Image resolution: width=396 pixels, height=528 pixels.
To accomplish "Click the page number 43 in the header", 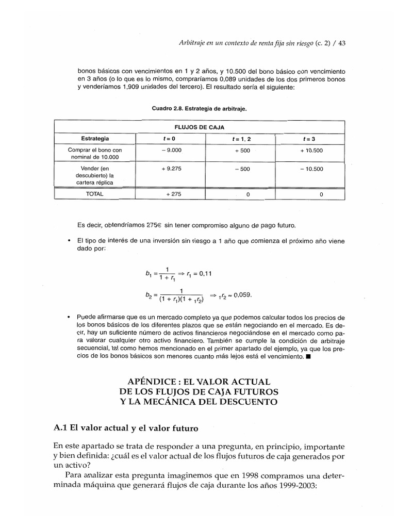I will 340,43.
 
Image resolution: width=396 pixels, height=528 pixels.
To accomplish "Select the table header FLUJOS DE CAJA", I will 199,126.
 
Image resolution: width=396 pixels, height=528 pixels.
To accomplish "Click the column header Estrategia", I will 95,138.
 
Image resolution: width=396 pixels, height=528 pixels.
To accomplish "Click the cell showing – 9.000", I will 171,150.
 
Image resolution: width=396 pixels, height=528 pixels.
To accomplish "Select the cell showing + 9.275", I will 171,169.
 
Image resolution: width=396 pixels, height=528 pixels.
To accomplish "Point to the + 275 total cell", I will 171,194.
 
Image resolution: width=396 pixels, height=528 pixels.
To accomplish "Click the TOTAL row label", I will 95,194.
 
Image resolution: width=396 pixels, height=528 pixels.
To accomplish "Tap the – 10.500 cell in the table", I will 311,169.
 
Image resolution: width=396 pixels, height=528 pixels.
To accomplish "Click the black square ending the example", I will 308,357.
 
